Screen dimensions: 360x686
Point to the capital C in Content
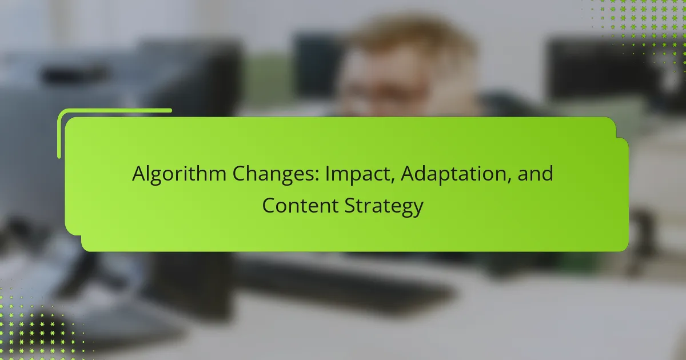pos(269,205)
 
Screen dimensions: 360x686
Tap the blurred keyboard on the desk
pos(354,286)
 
